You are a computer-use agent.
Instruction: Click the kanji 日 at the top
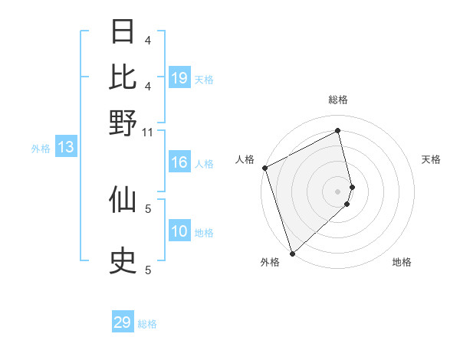[123, 33]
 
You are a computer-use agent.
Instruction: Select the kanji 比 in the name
[123, 77]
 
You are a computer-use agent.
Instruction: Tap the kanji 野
[123, 123]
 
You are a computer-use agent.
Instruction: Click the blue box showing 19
[179, 78]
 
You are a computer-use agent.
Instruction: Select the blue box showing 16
[179, 162]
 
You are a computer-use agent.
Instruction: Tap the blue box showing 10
[179, 232]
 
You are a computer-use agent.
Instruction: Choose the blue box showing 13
[65, 148]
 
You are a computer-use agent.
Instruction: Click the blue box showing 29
[123, 322]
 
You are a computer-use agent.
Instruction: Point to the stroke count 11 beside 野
[148, 132]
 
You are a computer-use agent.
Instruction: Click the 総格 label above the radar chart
[338, 100]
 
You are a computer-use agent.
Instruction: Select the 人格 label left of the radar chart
[245, 159]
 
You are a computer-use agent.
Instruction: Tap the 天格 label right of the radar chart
[432, 159]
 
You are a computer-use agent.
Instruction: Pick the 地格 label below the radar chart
[402, 262]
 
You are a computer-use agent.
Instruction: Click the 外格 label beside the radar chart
[270, 262]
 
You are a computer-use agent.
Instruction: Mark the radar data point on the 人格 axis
[264, 168]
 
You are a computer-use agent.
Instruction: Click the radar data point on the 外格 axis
[292, 253]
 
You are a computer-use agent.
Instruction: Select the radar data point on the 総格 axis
[338, 131]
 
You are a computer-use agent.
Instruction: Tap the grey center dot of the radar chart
[338, 191]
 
